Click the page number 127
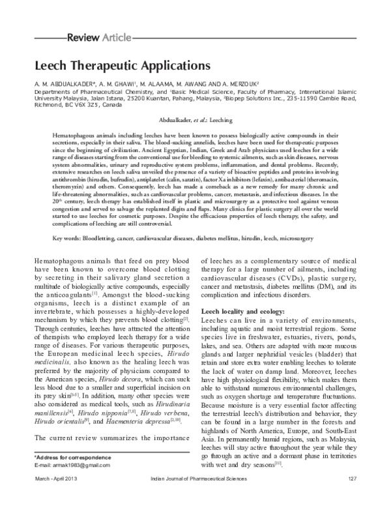click(353, 498)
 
